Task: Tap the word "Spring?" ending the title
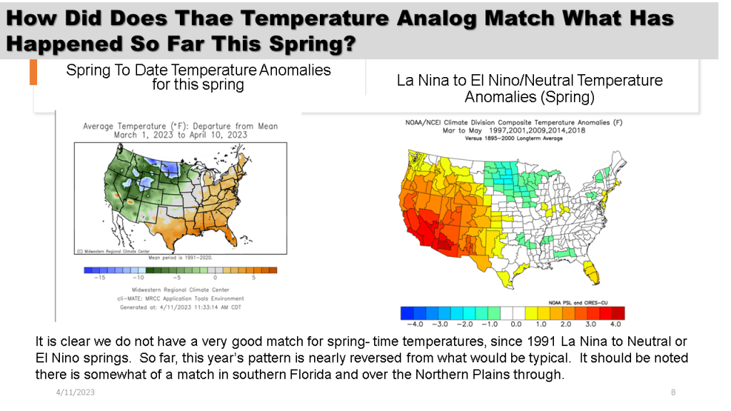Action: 311,44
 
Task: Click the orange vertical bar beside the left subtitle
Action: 33,73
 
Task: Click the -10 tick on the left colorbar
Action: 140,278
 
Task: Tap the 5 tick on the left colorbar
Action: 254,278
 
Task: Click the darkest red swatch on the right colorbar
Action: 618,313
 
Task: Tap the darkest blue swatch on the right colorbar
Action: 408,313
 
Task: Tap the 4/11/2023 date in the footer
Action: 75,392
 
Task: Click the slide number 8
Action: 673,392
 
